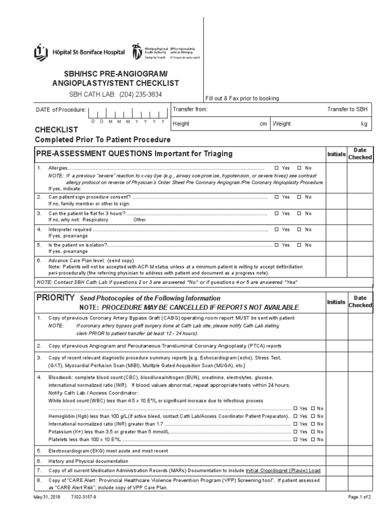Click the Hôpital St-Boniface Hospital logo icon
40,52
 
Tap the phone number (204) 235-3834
140,94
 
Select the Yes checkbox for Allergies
276,168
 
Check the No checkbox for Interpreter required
299,229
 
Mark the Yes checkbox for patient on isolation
276,245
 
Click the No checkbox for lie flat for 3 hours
299,213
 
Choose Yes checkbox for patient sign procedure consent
276,197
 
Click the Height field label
181,123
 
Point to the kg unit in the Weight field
364,123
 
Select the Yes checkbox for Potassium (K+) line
295,431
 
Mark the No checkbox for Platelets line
313,439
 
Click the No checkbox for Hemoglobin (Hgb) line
313,416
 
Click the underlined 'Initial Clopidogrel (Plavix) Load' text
283,470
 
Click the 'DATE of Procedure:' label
60,109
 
